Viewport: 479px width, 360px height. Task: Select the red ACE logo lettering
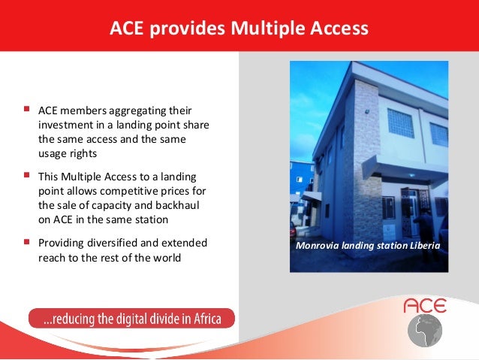click(x=425, y=305)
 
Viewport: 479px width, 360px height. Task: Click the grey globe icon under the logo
click(x=425, y=331)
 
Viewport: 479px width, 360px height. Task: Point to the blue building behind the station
click(x=302, y=180)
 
